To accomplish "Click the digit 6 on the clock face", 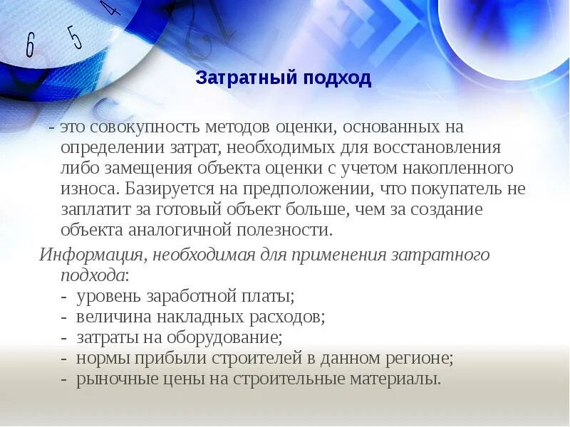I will [x=30, y=46].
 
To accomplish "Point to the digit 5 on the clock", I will [x=73, y=36].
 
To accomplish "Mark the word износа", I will [x=90, y=189].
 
